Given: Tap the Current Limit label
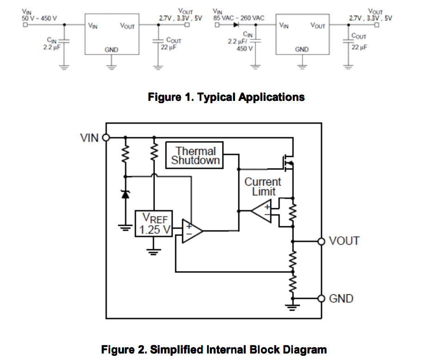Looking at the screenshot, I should [263, 186].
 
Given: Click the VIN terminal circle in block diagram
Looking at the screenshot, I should [106, 137].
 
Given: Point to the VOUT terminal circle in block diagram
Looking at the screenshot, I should [321, 241].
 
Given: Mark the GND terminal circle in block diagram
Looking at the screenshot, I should [321, 298].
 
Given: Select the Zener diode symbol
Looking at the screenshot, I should [125, 194].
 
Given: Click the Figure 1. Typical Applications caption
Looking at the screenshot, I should [226, 97].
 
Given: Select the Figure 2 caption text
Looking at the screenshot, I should [214, 349].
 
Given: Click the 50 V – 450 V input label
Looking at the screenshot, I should [39, 19].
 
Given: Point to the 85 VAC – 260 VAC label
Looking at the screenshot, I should [239, 18].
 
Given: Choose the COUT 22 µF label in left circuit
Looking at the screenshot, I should [172, 44].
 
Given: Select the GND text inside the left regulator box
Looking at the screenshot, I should [111, 50].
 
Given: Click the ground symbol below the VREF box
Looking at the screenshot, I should [153, 251].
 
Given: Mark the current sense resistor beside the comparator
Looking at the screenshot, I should [292, 212].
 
